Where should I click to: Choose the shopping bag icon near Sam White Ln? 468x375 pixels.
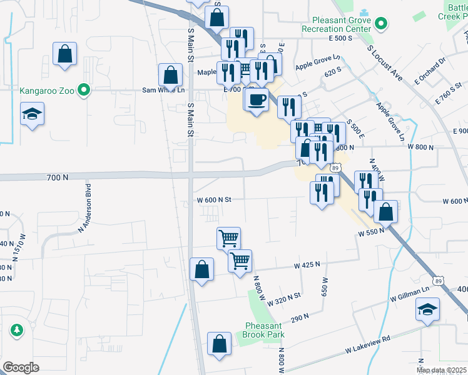pyautogui.click(x=170, y=76)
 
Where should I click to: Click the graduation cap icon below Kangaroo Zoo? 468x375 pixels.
pyautogui.click(x=32, y=114)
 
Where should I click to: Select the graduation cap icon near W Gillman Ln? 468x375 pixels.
pyautogui.click(x=428, y=309)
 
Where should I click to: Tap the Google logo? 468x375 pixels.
pyautogui.click(x=21, y=367)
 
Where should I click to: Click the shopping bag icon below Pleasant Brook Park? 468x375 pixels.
pyautogui.click(x=219, y=344)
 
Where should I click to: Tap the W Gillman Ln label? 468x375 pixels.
pyautogui.click(x=410, y=291)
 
